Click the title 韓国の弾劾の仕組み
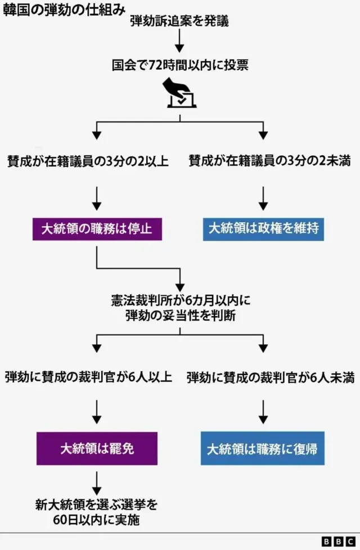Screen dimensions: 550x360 point(63,11)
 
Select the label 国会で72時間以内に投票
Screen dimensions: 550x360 point(180,66)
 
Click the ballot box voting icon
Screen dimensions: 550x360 point(179,93)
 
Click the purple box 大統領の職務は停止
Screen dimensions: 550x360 point(97,229)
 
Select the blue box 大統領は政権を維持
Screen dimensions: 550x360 point(263,229)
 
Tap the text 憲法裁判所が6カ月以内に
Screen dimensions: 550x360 point(181,301)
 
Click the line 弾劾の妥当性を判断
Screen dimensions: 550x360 point(181,316)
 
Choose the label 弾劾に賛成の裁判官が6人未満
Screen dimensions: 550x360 point(271,377)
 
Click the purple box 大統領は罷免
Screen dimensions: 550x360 point(97,448)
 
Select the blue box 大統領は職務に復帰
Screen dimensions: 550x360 point(263,448)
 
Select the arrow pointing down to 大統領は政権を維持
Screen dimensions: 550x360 point(263,197)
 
